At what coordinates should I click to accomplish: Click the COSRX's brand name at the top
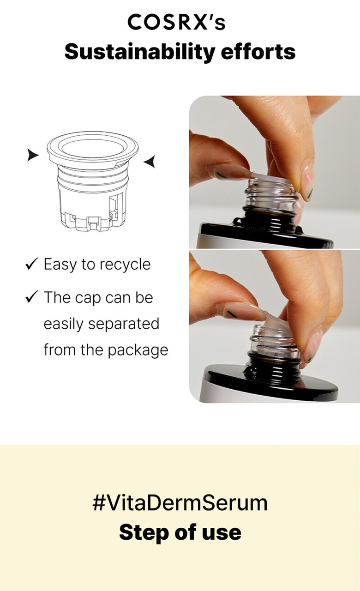click(x=176, y=22)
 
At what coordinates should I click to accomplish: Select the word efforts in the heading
click(x=258, y=51)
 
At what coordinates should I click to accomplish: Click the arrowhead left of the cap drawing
click(x=33, y=155)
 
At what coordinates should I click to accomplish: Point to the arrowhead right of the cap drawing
click(x=150, y=162)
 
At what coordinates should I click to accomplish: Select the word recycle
click(x=124, y=265)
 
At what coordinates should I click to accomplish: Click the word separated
click(x=124, y=324)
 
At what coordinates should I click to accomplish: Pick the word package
click(x=138, y=350)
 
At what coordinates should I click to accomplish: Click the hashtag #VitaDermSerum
click(x=180, y=503)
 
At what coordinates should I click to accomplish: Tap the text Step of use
click(x=180, y=532)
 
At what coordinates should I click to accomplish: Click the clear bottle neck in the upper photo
click(x=272, y=194)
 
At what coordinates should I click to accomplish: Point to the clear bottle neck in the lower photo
click(x=274, y=340)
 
